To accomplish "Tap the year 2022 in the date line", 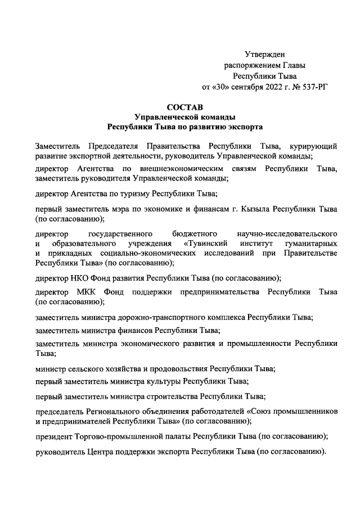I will coord(267,88).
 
